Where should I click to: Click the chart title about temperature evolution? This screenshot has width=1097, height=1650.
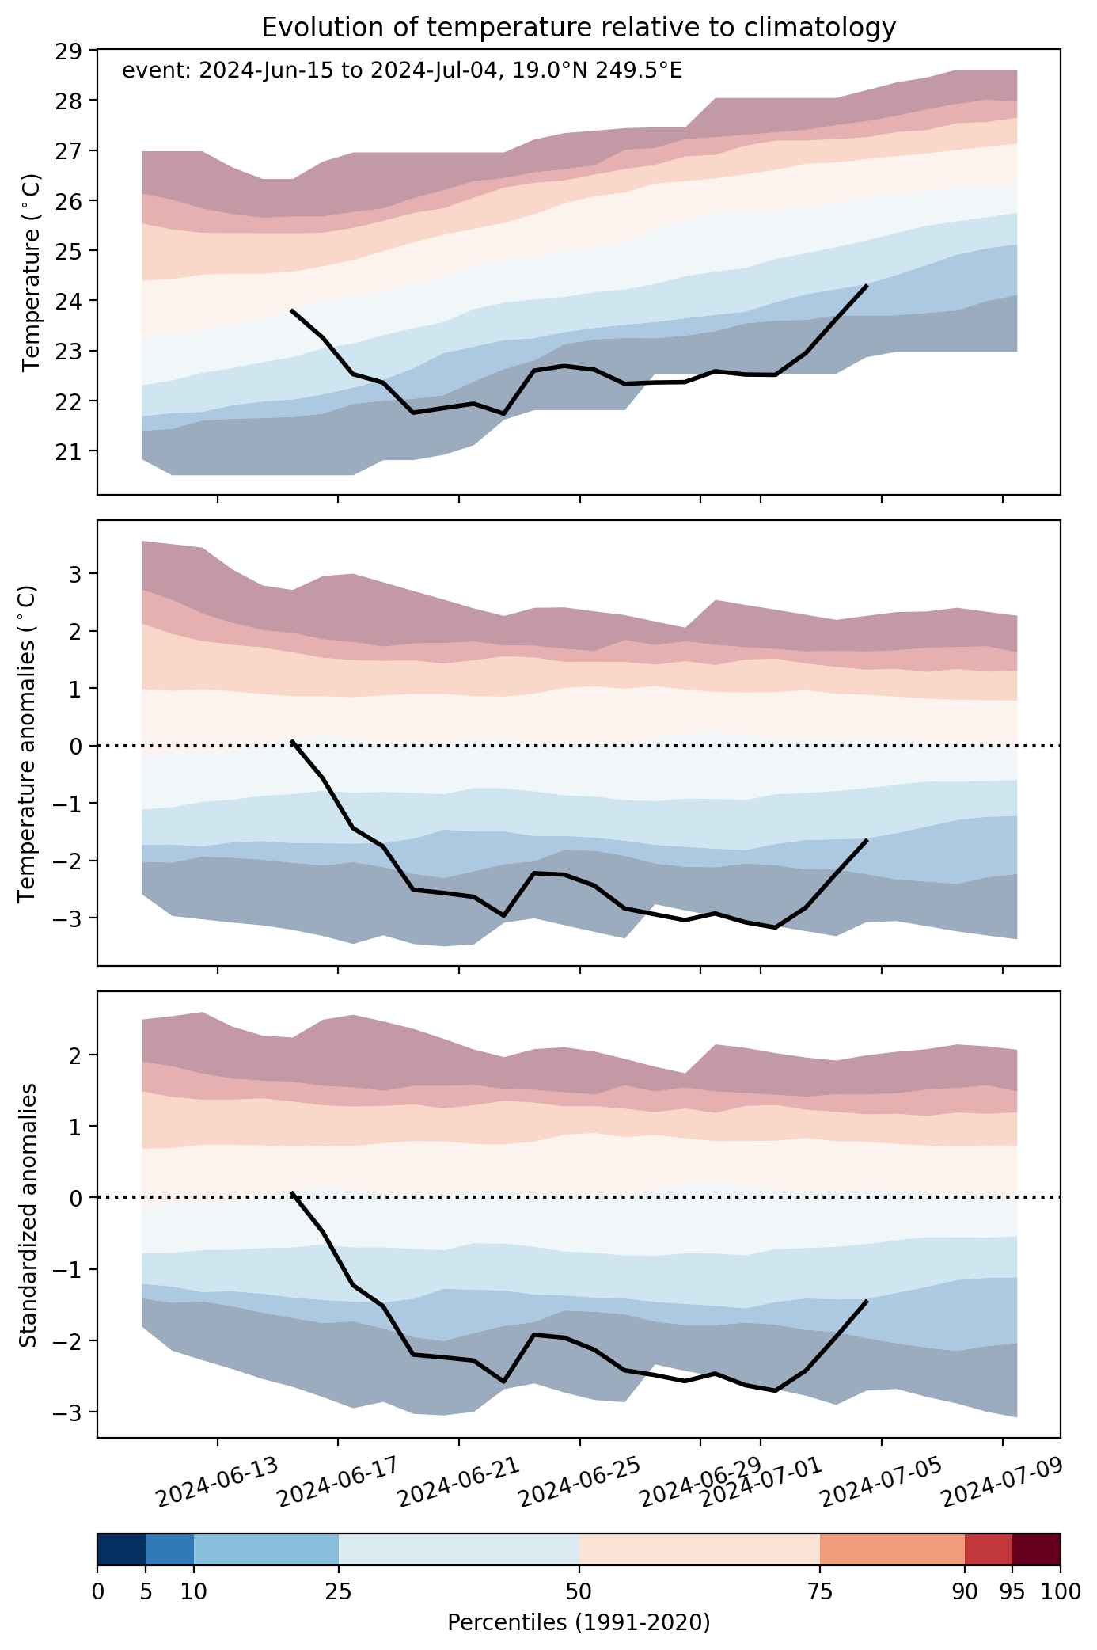pos(579,28)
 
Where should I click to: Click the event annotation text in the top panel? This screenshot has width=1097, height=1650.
pos(402,71)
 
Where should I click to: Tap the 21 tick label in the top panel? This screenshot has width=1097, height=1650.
pos(73,451)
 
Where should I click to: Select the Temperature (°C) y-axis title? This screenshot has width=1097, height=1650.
pos(32,272)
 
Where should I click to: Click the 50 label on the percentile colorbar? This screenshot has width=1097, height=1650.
pos(579,1592)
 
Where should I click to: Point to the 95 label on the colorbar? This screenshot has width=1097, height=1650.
pos(1012,1592)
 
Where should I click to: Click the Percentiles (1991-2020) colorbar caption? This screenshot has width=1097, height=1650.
pos(579,1623)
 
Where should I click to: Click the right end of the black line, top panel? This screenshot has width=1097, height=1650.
pos(868,285)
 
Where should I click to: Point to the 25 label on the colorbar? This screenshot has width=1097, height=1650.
pos(338,1592)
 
